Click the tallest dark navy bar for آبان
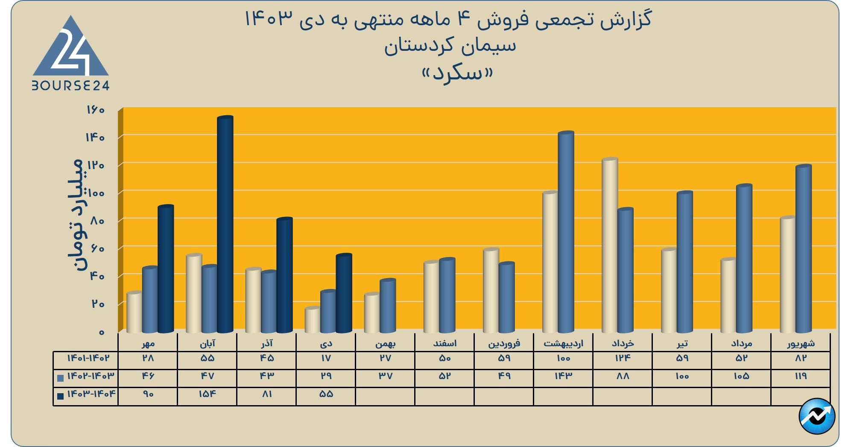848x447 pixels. tap(225, 224)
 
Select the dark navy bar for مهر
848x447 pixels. tap(166, 269)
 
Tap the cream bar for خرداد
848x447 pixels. tap(610, 245)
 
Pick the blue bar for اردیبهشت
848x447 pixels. tap(566, 233)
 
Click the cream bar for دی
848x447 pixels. tap(313, 320)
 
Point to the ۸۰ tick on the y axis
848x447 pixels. tap(97, 221)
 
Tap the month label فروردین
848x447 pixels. tap(504, 343)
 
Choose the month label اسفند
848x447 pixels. tap(444, 343)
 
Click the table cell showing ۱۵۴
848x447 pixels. tap(207, 394)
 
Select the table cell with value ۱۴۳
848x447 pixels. tap(563, 376)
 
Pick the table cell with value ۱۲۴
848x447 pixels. tap(623, 358)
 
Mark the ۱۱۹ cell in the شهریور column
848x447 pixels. tap(801, 376)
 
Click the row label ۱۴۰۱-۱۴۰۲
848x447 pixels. tap(88, 358)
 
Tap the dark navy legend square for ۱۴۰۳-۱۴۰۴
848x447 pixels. tap(60, 396)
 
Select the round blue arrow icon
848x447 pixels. tap(816, 416)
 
